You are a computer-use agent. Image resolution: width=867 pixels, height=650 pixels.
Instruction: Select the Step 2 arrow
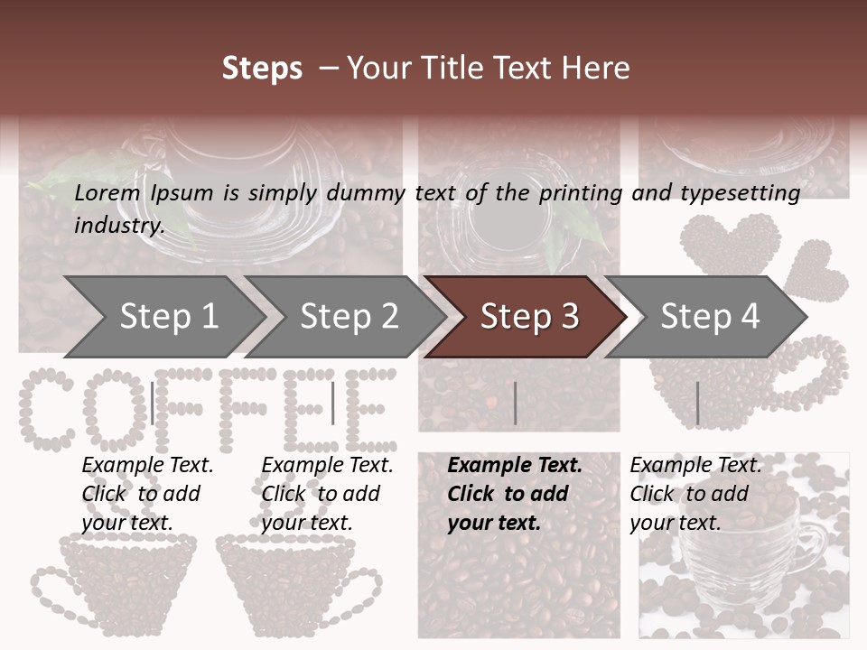(348, 316)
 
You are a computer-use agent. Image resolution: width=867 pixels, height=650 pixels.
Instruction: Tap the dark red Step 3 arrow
(528, 316)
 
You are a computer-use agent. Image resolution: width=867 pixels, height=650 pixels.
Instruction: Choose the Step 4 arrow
(709, 316)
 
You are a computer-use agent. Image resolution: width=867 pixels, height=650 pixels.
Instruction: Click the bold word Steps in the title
(262, 68)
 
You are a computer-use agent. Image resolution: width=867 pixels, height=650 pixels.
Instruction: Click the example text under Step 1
(147, 494)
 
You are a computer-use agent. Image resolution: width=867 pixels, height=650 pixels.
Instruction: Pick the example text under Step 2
(327, 494)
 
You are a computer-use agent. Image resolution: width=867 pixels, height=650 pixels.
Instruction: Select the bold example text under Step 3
(515, 494)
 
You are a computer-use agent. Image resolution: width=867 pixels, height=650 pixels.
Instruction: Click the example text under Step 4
(695, 494)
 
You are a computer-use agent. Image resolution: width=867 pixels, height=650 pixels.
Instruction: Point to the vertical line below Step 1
(153, 404)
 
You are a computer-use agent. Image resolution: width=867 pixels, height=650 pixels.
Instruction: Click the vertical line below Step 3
(515, 404)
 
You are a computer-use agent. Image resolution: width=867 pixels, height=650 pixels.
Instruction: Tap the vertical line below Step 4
(697, 404)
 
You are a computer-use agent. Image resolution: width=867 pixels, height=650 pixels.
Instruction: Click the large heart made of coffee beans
(730, 244)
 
